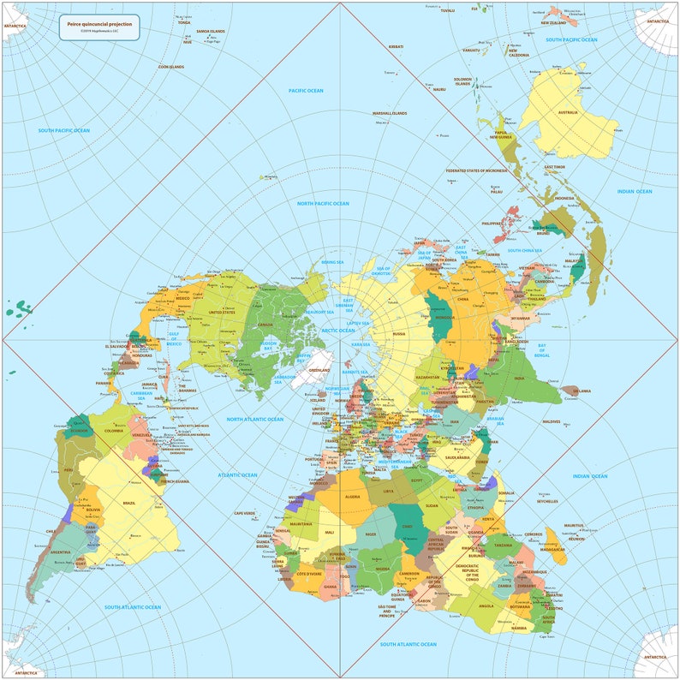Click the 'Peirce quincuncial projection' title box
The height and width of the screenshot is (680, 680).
coord(99,28)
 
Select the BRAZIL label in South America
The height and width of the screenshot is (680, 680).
coord(130,503)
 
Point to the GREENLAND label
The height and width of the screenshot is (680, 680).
coord(319,370)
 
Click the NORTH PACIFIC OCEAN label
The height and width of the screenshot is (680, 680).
coord(323,204)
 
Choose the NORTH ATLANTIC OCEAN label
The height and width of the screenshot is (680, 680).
coord(254,419)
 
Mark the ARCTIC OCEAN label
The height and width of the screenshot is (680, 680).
coord(338,330)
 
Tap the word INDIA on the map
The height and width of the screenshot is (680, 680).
coord(518,377)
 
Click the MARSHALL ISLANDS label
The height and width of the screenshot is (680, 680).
coord(389,113)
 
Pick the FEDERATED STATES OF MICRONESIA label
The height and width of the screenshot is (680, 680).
coord(477,171)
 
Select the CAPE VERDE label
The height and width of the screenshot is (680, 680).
coord(245,513)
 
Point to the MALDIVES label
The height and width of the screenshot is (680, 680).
coord(551,421)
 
